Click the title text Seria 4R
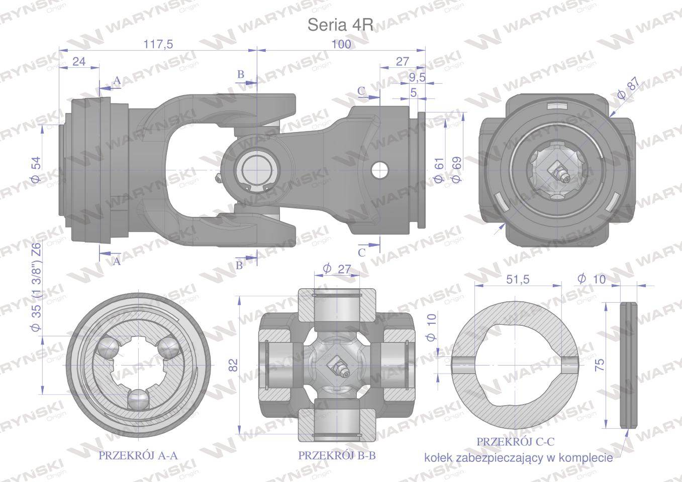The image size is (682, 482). click(x=340, y=25)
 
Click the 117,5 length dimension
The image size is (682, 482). click(x=158, y=44)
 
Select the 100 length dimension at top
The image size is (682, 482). click(x=341, y=44)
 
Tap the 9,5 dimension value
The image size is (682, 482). click(x=417, y=77)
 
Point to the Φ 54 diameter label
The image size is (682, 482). click(x=36, y=170)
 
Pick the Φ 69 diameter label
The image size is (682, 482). click(x=457, y=170)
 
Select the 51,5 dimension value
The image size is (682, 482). click(x=518, y=279)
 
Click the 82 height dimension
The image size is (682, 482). click(x=233, y=365)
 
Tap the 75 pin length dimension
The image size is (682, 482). click(x=599, y=365)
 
